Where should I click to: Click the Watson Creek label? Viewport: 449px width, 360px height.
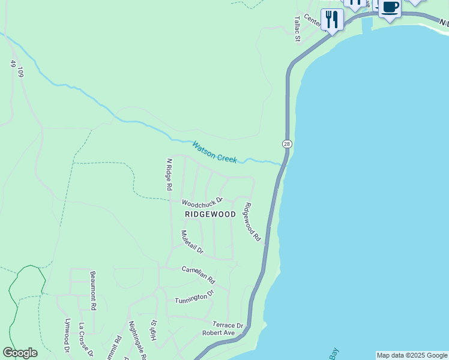[215, 152]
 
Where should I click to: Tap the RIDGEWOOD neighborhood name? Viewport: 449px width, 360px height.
[210, 214]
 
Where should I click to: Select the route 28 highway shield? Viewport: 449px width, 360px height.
[287, 144]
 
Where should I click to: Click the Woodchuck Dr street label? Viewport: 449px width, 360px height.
[202, 202]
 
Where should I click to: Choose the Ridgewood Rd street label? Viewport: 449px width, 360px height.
[252, 222]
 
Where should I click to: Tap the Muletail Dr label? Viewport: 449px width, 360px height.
[192, 241]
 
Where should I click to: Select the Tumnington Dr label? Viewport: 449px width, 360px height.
[194, 296]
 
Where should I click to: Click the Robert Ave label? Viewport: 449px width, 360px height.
[218, 332]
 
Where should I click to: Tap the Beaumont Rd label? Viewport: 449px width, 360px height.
[93, 290]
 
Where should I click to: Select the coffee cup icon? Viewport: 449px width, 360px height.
[390, 8]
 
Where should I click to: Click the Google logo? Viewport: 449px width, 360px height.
[20, 353]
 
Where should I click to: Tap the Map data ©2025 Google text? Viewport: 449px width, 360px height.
[412, 355]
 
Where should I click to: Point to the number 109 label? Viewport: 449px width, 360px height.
[20, 73]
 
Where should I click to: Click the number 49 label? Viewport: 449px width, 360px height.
[13, 63]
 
